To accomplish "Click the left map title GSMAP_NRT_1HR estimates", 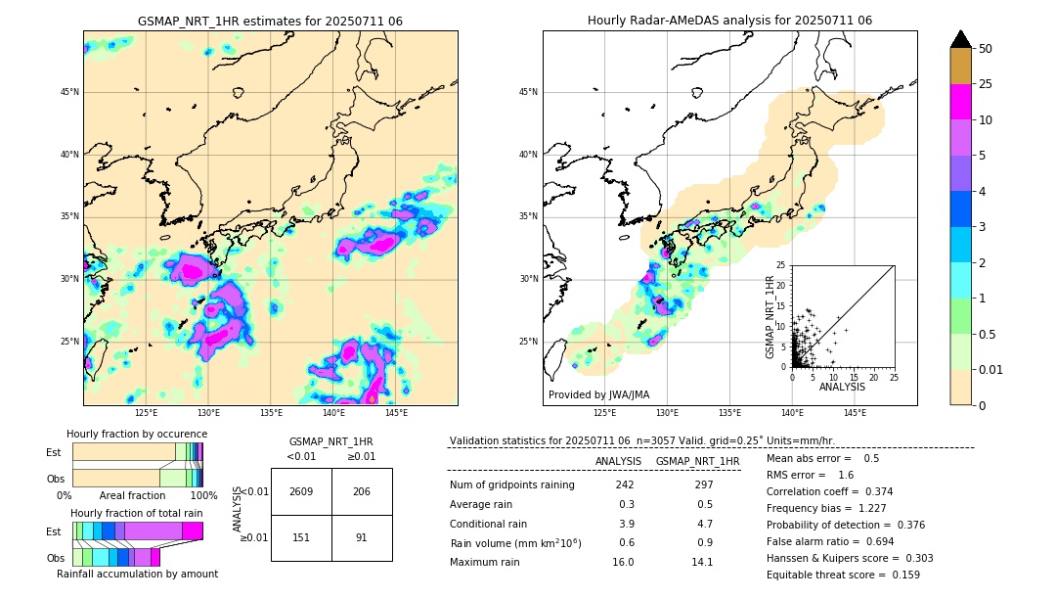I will coord(270,21).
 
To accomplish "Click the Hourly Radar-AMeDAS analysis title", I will coord(729,21).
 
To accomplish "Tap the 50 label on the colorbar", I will coord(986,48).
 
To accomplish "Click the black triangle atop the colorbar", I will coord(960,39).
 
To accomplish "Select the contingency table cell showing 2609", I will coord(301,491).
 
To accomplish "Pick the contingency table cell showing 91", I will coord(362,537).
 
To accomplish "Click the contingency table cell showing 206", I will coord(362,491).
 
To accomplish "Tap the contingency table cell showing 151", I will coord(301,537).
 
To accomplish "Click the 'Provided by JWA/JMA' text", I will coord(598,394).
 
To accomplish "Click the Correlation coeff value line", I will coord(829,491).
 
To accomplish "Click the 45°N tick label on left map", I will coord(69,92).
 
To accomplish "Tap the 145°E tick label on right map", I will coord(855,413).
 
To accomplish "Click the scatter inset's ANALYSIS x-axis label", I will coord(842,387).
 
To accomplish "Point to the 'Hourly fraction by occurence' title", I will coord(137,434).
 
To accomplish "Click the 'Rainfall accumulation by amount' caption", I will coord(137,574).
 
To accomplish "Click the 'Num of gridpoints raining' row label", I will coord(511,485).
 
